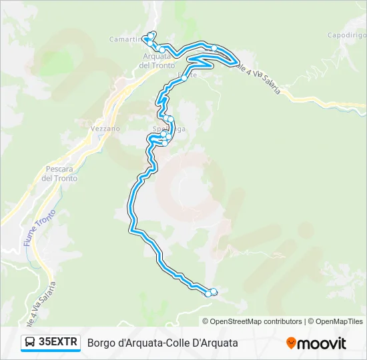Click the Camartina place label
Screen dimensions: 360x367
tap(125, 39)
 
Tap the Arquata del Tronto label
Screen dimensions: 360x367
tap(157, 61)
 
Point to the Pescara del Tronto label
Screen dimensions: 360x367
tap(59, 174)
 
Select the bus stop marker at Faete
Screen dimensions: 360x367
tap(184, 78)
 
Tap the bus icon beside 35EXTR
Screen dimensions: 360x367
tap(30, 343)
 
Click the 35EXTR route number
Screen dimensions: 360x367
tap(58, 343)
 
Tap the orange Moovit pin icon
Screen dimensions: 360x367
tap(291, 343)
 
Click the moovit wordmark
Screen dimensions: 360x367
tap(322, 343)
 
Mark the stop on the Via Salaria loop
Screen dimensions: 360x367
tap(236, 63)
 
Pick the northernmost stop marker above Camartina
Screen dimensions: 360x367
tap(153, 34)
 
